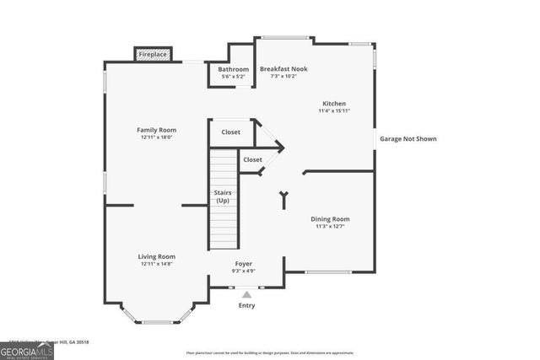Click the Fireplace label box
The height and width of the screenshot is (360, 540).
click(x=153, y=54)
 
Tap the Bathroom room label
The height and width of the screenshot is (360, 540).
click(x=233, y=69)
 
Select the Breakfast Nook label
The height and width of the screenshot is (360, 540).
click(x=284, y=68)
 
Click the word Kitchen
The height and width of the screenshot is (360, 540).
click(x=334, y=104)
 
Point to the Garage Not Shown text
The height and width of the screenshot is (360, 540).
click(x=408, y=138)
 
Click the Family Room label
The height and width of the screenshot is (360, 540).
click(x=156, y=130)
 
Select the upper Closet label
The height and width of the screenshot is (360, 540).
click(x=230, y=132)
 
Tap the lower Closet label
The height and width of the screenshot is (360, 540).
click(x=252, y=159)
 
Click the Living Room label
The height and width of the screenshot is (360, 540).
click(x=157, y=256)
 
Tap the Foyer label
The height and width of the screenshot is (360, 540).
click(x=243, y=264)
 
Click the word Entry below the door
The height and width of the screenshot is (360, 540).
click(x=246, y=306)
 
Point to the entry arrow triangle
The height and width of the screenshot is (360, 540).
click(x=246, y=294)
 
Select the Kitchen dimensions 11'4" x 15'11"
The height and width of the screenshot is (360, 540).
click(x=334, y=111)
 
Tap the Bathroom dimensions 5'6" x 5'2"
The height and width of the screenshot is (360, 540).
click(x=233, y=77)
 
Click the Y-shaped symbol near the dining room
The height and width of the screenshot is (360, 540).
click(x=283, y=199)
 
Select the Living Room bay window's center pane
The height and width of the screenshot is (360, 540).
click(x=156, y=322)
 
